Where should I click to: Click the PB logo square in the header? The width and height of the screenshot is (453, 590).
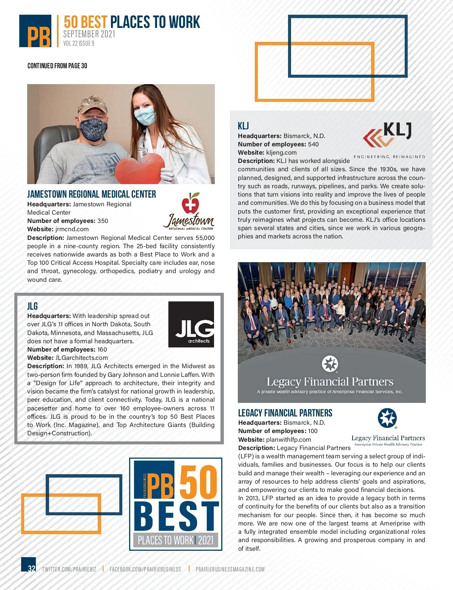pyautogui.click(x=35, y=31)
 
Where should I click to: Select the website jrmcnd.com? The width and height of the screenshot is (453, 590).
pyautogui.click(x=72, y=229)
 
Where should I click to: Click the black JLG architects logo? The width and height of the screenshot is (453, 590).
pyautogui.click(x=191, y=324)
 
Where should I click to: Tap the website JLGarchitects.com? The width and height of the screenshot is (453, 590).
pyautogui.click(x=82, y=358)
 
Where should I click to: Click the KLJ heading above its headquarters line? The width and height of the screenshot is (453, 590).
pyautogui.click(x=243, y=126)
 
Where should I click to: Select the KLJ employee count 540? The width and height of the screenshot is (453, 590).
pyautogui.click(x=313, y=144)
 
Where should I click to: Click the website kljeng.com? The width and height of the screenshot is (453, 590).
pyautogui.click(x=281, y=152)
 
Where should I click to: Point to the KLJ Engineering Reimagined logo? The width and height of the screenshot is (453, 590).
pyautogui.click(x=389, y=140)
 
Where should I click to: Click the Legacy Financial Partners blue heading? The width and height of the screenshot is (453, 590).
pyautogui.click(x=285, y=413)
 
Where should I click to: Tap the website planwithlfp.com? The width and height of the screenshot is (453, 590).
pyautogui.click(x=288, y=439)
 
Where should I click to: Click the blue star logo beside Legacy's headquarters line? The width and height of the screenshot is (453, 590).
pyautogui.click(x=387, y=418)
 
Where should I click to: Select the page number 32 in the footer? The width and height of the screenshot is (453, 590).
pyautogui.click(x=31, y=568)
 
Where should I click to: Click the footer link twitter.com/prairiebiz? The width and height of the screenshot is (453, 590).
pyautogui.click(x=69, y=569)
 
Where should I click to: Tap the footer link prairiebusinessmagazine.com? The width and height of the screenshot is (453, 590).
pyautogui.click(x=230, y=569)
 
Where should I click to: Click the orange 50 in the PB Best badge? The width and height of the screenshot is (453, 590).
pyautogui.click(x=198, y=482)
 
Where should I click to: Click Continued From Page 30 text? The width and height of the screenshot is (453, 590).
pyautogui.click(x=57, y=66)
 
